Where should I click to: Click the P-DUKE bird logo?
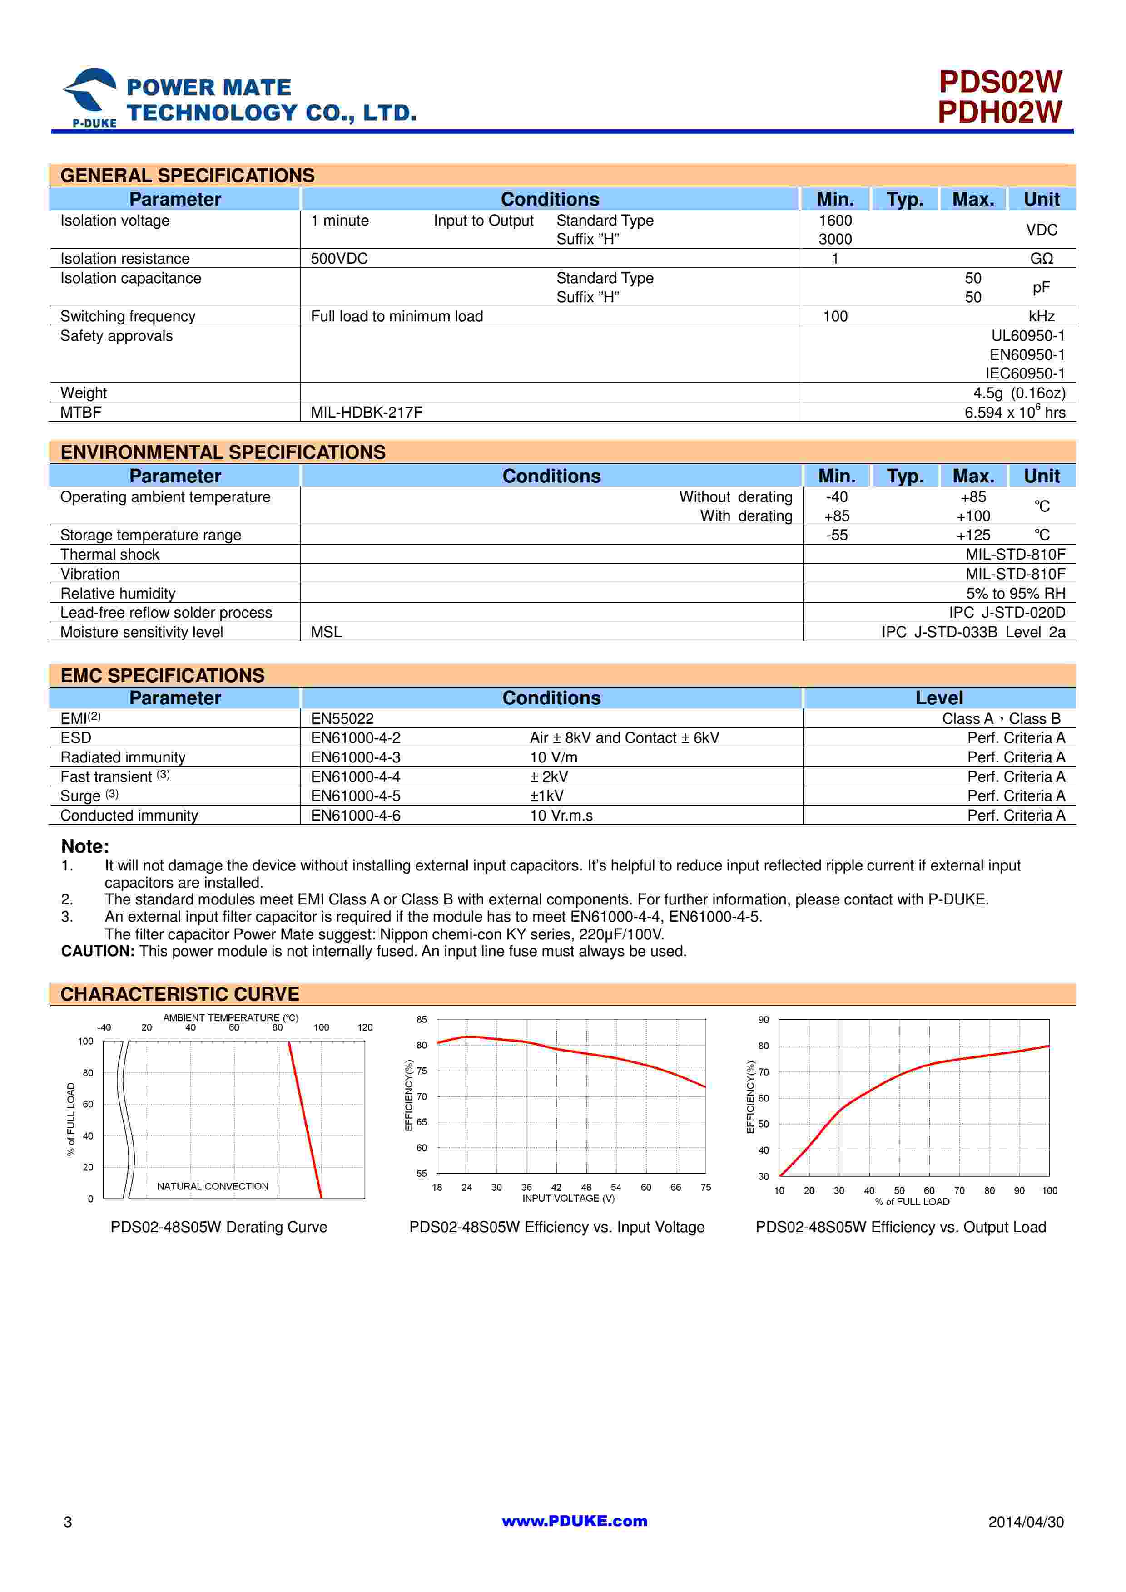tap(90, 93)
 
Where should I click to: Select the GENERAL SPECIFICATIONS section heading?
tap(187, 176)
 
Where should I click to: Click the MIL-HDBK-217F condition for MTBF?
tap(366, 413)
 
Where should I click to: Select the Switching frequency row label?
tap(128, 316)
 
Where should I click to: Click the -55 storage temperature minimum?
tap(837, 536)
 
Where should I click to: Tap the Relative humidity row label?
tap(118, 594)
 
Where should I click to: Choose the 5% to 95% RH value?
tap(1015, 594)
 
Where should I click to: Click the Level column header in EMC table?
tap(939, 698)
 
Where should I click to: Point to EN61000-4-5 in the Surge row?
tap(355, 796)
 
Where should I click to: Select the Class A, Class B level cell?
tap(1001, 719)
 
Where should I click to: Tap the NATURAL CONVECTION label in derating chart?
tap(212, 1186)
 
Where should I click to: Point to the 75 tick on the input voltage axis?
tap(705, 1187)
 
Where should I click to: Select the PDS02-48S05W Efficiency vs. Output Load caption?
tap(901, 1227)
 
